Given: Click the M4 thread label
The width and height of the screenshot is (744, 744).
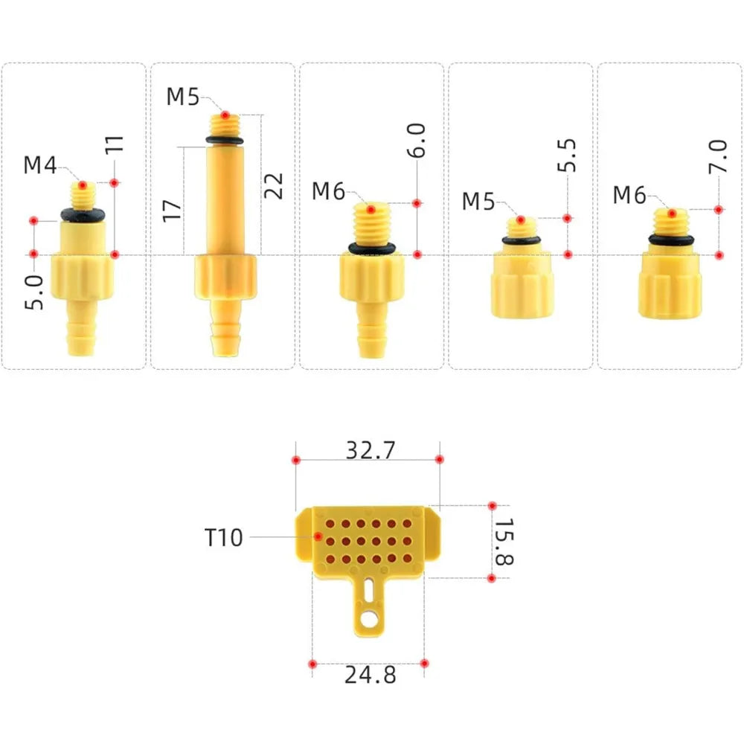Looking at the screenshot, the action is point(40,165).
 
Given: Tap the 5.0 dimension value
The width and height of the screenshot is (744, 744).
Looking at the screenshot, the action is point(34,292).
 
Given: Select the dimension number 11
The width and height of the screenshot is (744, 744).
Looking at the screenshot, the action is point(115,144).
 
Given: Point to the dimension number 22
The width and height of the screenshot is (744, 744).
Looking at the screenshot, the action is point(273,185).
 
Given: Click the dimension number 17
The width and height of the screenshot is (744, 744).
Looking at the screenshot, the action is point(172,211).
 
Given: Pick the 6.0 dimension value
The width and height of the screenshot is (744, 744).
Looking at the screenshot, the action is point(417,140).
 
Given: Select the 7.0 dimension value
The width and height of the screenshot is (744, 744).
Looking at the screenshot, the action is point(718,156).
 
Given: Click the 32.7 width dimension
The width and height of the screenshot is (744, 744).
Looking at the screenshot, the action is point(370,450).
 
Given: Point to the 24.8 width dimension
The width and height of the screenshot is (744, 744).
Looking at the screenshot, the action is point(370,675).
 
